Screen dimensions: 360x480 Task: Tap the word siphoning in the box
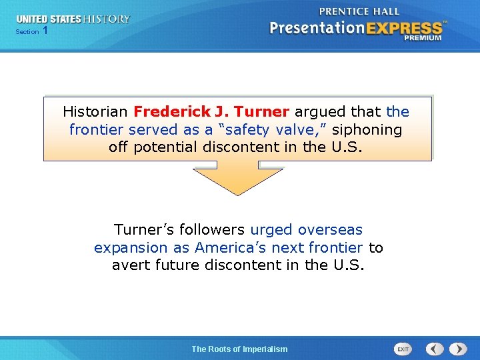367,129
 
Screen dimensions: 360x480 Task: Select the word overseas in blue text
330,230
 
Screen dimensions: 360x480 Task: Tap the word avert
131,265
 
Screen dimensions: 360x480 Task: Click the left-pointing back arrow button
435,349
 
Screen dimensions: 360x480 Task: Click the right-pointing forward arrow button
458,349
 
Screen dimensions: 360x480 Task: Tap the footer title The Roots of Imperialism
239,349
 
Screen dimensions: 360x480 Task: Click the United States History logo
73,19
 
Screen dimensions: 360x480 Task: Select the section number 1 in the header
45,31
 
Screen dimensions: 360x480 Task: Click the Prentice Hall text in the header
359,11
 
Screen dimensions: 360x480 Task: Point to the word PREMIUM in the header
422,38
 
